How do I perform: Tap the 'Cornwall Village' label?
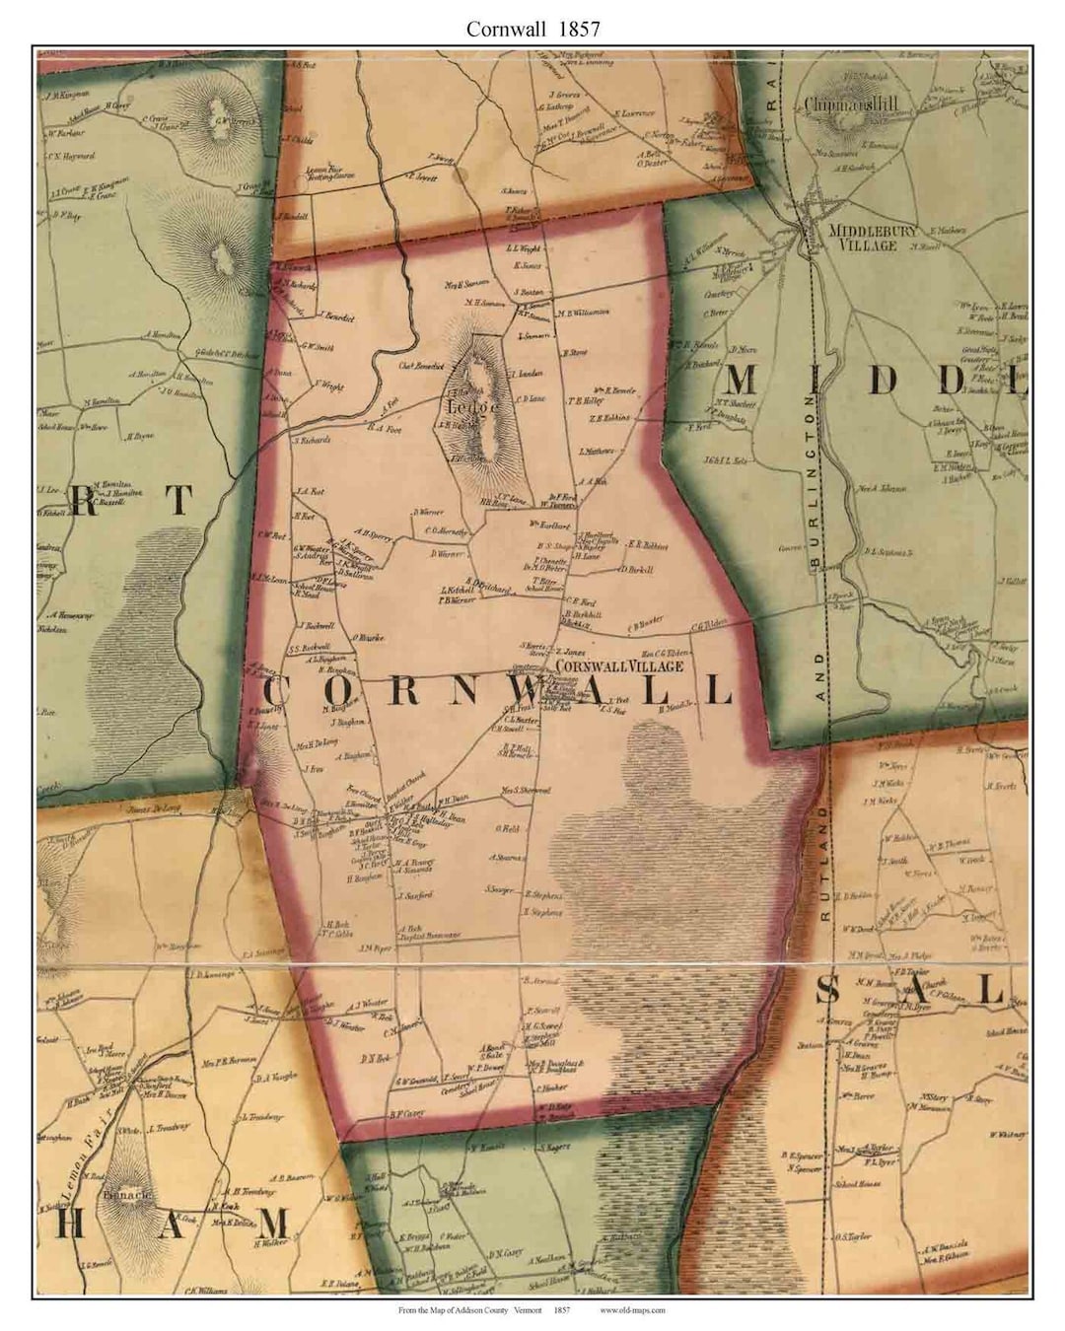coord(619,666)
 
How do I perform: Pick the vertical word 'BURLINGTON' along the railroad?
coord(814,483)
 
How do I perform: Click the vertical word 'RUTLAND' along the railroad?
coord(823,863)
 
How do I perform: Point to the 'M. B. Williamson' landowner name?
coord(584,313)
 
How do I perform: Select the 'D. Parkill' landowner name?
coord(637,569)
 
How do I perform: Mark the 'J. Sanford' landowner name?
coord(416,896)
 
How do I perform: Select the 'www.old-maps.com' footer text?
coord(632,1310)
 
